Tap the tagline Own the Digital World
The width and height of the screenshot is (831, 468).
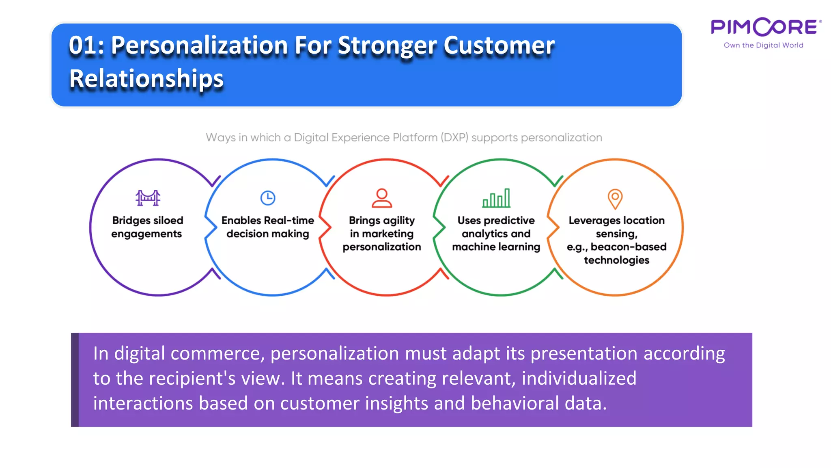point(763,45)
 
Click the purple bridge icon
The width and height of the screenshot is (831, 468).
point(148,198)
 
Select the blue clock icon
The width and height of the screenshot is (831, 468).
point(268,198)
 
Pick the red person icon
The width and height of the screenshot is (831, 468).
point(382,198)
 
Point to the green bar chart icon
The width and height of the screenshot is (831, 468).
point(496,198)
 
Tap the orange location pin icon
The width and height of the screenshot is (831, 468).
point(615,199)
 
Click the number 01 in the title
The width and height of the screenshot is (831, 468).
point(83,45)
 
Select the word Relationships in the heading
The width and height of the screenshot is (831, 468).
point(146,78)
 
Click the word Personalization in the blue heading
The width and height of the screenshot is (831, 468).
point(199,45)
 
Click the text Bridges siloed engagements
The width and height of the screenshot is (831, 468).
point(147,227)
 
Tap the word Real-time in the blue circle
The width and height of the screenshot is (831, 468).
point(288,220)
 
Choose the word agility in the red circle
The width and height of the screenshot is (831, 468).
point(399,221)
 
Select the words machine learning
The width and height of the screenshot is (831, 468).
point(496,247)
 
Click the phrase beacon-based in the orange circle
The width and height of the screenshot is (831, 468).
point(629,247)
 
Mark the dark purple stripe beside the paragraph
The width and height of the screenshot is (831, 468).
point(75,379)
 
